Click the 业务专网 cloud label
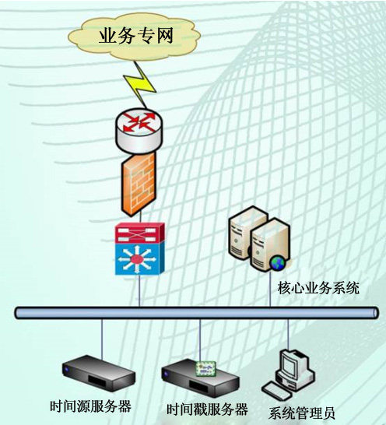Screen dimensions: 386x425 pos(136,36)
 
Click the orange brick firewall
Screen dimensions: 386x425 pos(139,184)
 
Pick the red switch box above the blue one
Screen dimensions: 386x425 pos(139,233)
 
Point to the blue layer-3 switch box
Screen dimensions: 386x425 pos(139,259)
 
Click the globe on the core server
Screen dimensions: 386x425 pos(277,263)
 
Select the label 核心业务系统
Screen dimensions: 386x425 pos(318,288)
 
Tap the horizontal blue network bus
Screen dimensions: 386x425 pos(196,313)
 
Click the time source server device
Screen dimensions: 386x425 pos(98,373)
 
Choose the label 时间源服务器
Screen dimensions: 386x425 pos(90,406)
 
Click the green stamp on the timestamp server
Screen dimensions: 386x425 pos(206,369)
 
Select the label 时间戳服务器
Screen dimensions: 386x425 pos(207,409)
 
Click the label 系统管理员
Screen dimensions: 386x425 pos(301,413)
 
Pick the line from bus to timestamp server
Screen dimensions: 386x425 pos(200,340)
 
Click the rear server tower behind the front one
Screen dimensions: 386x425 pos(244,233)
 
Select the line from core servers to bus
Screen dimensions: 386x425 pos(270,288)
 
